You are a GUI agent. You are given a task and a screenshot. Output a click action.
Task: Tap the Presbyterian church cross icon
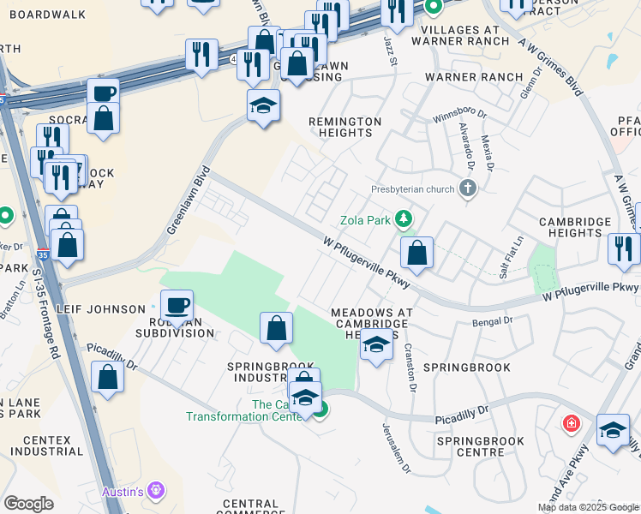tap(467, 189)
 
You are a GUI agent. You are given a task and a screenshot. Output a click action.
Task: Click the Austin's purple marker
tap(155, 490)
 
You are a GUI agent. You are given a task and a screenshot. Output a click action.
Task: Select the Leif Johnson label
tap(101, 309)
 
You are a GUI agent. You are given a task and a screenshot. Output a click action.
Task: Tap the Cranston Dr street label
tap(410, 369)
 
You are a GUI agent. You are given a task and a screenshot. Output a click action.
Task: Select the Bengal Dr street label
tap(492, 321)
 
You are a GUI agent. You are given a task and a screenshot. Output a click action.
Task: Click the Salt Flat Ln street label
tap(512, 257)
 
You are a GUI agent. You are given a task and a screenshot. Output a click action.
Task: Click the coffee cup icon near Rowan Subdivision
tap(177, 306)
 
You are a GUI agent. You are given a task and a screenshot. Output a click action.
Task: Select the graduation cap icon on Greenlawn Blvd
tap(263, 106)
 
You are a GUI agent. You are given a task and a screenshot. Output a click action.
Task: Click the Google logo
tap(29, 504)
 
